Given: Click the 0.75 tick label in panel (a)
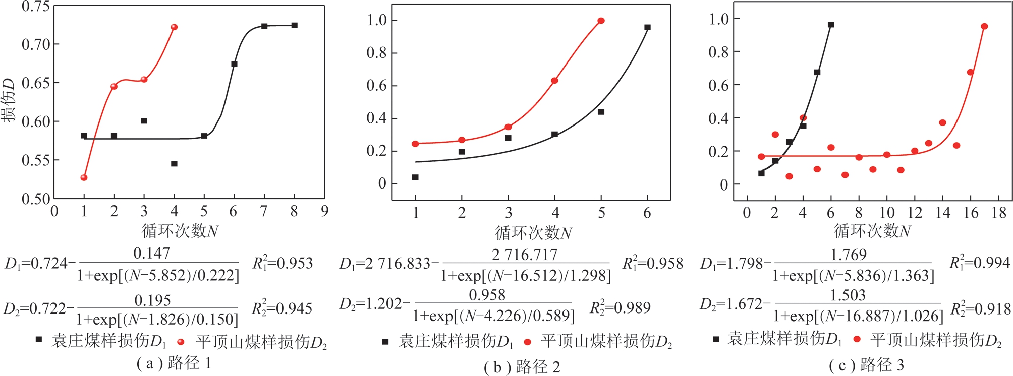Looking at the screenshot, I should pos(35,7).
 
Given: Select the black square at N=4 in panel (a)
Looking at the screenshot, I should pos(174,164).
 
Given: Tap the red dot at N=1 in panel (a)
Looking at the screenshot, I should pos(84,177).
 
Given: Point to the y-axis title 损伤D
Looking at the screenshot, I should pos(9,101).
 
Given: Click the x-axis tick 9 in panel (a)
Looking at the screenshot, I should pos(324,211).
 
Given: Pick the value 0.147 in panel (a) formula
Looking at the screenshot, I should pos(152,253).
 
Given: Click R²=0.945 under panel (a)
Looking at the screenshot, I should pos(283,307).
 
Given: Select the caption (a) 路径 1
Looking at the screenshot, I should pos(174,363).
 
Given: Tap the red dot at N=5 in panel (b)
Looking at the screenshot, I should pos(601,21).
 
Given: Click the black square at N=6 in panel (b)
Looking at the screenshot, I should pos(648,27).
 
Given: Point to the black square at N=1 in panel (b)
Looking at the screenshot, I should pos(415,177).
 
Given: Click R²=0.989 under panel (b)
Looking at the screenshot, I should pos(620,307).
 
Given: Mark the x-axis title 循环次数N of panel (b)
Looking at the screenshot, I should pos(533,233).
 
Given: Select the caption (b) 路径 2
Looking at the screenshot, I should pos(522,367).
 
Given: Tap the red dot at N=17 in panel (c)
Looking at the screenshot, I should pos(984,26).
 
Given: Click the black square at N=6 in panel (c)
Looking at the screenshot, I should pos(831,24).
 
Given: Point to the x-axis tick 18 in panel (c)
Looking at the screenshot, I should pos(999,213).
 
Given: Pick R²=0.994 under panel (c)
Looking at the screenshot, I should pos(980,262).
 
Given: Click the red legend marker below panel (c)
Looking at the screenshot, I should pos(857,339).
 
